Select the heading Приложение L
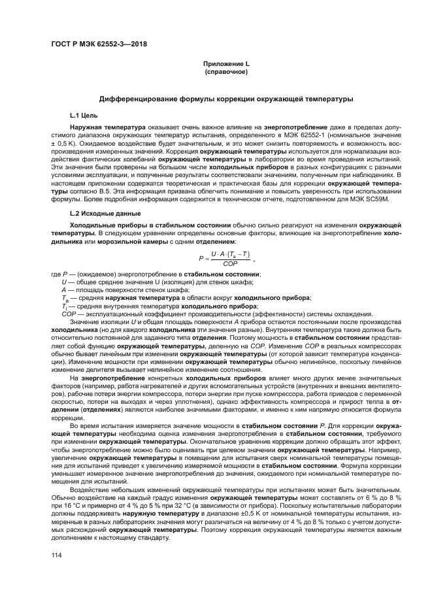pos(225,64)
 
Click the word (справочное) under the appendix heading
pos(225,72)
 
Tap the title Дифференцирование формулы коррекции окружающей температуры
pos(225,99)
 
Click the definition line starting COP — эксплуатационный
pos(165,312)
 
